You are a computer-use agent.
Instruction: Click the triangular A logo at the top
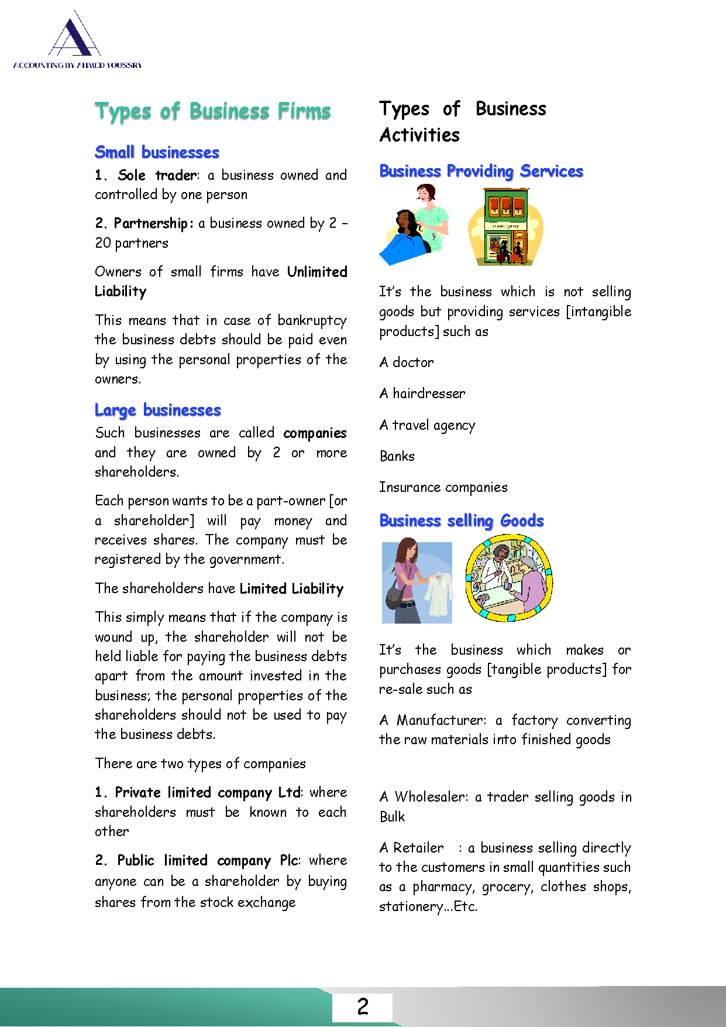pyautogui.click(x=74, y=36)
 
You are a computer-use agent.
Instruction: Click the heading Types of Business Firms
pyautogui.click(x=213, y=111)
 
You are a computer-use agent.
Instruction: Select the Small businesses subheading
pyautogui.click(x=157, y=152)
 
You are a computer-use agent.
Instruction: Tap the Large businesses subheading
pyautogui.click(x=158, y=410)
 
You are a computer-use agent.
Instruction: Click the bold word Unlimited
pyautogui.click(x=317, y=272)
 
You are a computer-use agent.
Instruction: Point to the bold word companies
pyautogui.click(x=315, y=433)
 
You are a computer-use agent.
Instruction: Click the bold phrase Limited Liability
pyautogui.click(x=291, y=589)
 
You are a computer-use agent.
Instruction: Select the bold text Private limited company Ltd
pyautogui.click(x=208, y=793)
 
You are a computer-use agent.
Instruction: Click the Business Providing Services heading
pyautogui.click(x=481, y=171)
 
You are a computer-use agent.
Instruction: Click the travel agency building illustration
pyautogui.click(x=506, y=227)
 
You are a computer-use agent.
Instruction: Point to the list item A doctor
pyautogui.click(x=407, y=362)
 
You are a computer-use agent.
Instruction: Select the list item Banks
pyautogui.click(x=397, y=456)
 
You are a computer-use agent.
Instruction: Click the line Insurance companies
pyautogui.click(x=443, y=487)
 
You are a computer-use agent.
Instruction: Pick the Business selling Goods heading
pyautogui.click(x=462, y=521)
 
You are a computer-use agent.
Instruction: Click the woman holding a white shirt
pyautogui.click(x=417, y=583)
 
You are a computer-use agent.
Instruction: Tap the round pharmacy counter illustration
pyautogui.click(x=509, y=578)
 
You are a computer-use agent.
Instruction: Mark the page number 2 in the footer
pyautogui.click(x=363, y=1007)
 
